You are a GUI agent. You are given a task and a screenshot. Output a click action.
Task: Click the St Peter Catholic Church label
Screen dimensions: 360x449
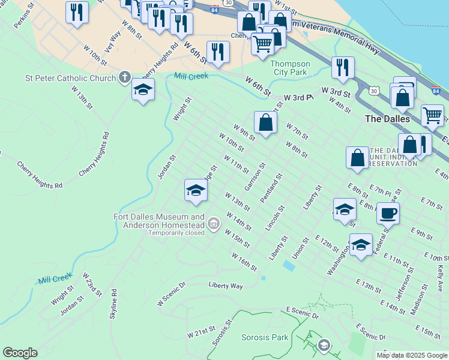click(71, 78)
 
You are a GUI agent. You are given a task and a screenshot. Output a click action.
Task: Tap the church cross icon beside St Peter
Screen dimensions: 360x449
click(124, 77)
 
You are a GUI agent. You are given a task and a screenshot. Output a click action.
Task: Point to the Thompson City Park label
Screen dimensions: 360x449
click(290, 68)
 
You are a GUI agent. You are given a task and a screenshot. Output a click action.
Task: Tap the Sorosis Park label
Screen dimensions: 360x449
click(265, 338)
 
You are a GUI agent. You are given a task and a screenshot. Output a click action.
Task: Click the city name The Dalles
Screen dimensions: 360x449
click(388, 119)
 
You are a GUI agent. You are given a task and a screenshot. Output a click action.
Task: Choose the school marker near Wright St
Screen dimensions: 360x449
click(143, 89)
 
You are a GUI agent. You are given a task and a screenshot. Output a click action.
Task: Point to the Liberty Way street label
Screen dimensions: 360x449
click(226, 286)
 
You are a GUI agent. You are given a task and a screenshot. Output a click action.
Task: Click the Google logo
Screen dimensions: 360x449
click(20, 353)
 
